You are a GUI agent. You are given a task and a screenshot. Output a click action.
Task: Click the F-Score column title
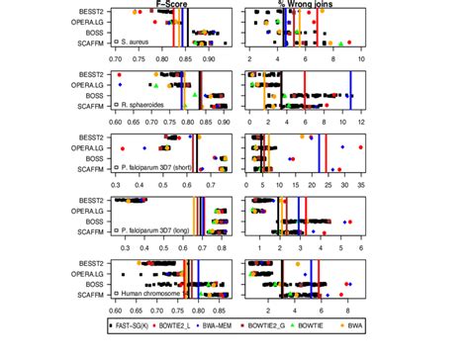[x=172, y=6]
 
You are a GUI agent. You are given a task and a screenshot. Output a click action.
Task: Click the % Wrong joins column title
[x=303, y=6]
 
